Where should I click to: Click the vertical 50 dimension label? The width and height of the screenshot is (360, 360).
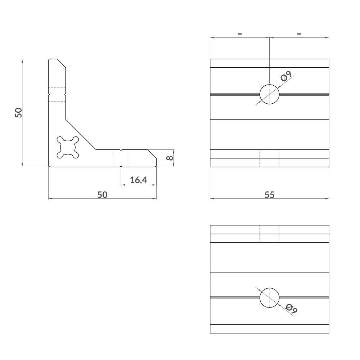(x=19, y=112)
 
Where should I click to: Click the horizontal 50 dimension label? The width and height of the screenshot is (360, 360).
(x=103, y=194)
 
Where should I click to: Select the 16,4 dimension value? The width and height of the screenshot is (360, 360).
(x=139, y=180)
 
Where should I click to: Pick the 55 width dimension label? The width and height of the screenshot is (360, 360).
(x=269, y=194)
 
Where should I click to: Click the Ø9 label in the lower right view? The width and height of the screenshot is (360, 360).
(x=291, y=309)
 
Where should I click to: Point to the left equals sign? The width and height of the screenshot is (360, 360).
(x=240, y=34)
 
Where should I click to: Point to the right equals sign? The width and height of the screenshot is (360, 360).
(x=299, y=34)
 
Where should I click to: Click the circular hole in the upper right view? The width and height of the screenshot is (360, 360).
(x=269, y=94)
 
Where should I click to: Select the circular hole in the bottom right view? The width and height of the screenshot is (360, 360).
(x=269, y=298)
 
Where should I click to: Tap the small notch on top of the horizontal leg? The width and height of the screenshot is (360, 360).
(x=121, y=150)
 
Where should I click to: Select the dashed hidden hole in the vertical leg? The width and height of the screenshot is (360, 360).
(x=57, y=94)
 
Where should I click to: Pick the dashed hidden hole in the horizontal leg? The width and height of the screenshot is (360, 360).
(x=121, y=158)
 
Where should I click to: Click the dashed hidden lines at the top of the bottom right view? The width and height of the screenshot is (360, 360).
(x=269, y=234)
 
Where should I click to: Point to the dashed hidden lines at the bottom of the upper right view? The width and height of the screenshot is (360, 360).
(x=269, y=158)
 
